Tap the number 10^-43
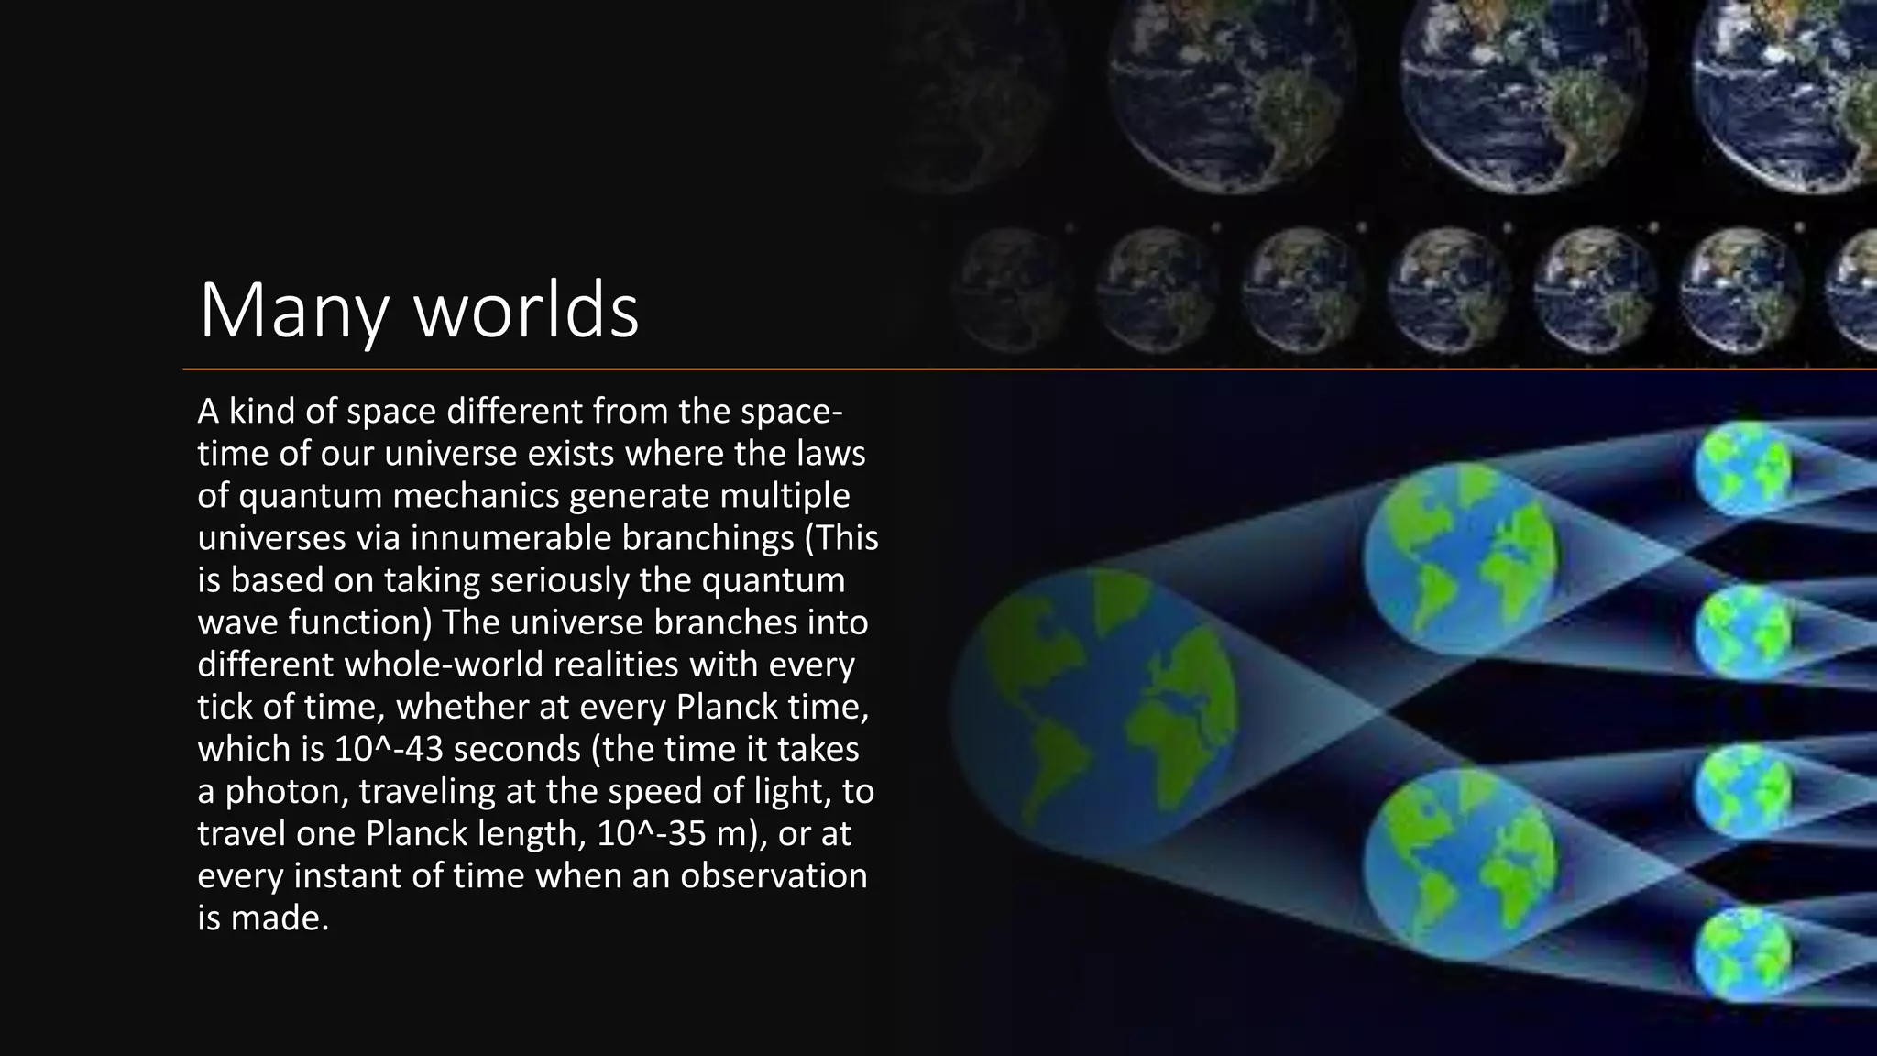tap(389, 749)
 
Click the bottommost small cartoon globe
tap(1741, 955)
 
